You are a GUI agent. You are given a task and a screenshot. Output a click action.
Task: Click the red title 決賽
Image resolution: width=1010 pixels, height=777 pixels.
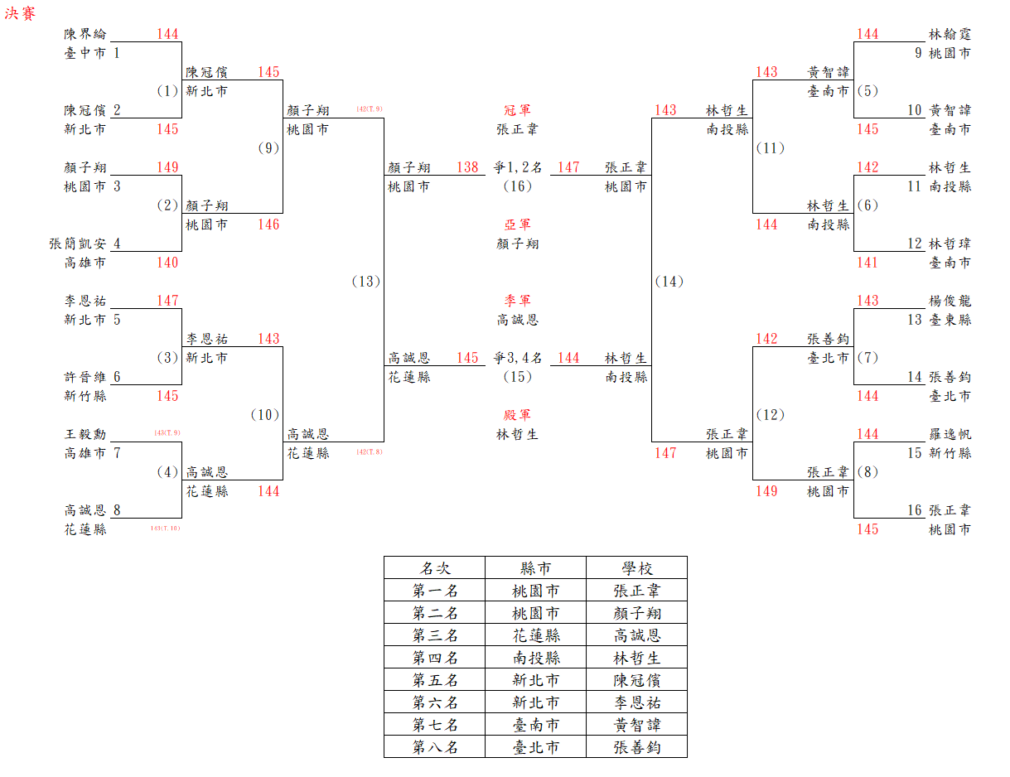pyautogui.click(x=21, y=14)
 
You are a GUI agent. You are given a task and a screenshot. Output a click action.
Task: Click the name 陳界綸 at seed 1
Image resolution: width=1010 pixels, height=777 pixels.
pyautogui.click(x=85, y=35)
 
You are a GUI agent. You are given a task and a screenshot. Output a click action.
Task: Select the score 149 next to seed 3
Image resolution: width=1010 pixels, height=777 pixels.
pyautogui.click(x=167, y=167)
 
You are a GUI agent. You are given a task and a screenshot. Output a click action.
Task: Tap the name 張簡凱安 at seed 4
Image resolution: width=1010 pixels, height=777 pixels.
pyautogui.click(x=78, y=244)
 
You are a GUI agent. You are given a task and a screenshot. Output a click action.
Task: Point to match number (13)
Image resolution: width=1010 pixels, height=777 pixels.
pyautogui.click(x=365, y=282)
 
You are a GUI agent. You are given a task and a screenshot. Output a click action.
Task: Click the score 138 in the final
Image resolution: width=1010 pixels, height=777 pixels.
pyautogui.click(x=467, y=167)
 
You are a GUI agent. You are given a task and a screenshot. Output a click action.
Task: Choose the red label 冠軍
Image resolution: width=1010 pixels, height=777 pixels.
pyautogui.click(x=518, y=110)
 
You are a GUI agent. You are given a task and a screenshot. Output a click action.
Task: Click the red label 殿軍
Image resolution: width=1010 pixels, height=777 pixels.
pyautogui.click(x=518, y=415)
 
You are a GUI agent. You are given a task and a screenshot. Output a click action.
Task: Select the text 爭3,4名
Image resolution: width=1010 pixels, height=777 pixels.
pyautogui.click(x=518, y=358)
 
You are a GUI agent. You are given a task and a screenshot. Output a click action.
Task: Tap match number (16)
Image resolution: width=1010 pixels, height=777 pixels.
pyautogui.click(x=518, y=186)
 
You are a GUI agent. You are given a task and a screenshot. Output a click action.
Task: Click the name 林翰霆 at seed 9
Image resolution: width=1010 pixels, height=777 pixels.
pyautogui.click(x=950, y=35)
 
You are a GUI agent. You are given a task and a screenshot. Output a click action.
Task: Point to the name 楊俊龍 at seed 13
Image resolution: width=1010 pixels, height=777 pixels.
pyautogui.click(x=950, y=301)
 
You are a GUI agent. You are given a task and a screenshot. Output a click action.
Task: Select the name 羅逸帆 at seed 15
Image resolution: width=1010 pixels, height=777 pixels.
pyautogui.click(x=950, y=434)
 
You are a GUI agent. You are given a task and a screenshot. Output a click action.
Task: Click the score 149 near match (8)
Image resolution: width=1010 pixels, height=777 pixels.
pyautogui.click(x=766, y=491)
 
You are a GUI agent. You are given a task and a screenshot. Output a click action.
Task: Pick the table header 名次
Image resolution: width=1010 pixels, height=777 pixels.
pyautogui.click(x=435, y=568)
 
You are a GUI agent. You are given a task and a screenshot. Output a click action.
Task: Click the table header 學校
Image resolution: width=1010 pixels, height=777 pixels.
pyautogui.click(x=637, y=568)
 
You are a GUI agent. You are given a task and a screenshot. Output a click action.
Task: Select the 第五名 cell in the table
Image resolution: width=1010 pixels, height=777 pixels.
pyautogui.click(x=435, y=680)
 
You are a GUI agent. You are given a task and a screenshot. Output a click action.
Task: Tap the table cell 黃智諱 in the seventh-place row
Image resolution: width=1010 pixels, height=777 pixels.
pyautogui.click(x=637, y=725)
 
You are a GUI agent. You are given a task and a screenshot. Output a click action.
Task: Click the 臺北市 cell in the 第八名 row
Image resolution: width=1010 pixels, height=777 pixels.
pyautogui.click(x=536, y=747)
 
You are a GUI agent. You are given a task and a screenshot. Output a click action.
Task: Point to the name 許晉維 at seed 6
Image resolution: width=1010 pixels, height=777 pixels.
pyautogui.click(x=85, y=377)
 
